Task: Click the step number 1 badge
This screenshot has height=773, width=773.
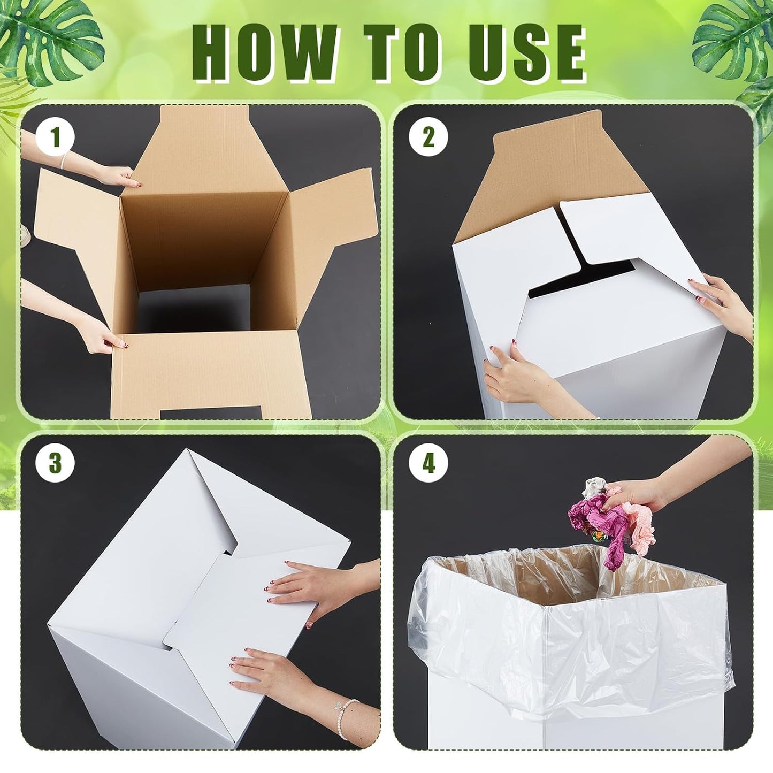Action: click(x=55, y=137)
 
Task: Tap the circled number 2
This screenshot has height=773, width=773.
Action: click(x=428, y=137)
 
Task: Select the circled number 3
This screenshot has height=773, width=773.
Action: click(x=55, y=463)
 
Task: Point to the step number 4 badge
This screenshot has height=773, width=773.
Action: click(x=428, y=463)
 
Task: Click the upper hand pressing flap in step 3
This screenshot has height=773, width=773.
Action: click(x=310, y=588)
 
